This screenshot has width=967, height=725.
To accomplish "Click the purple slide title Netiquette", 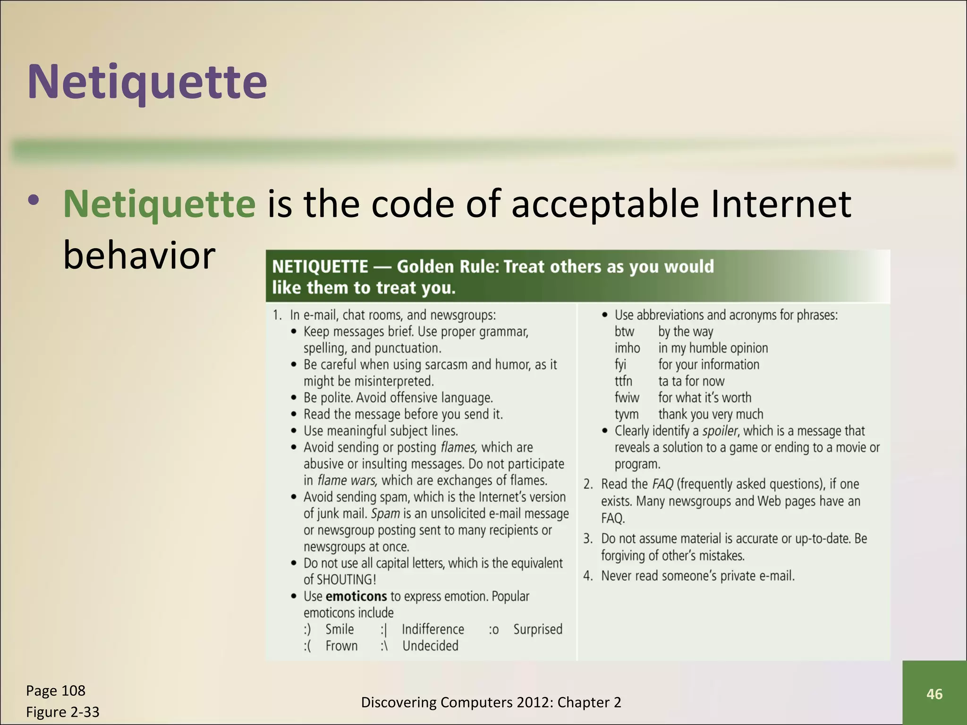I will coord(147,82).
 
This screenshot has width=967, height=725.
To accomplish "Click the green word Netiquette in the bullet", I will coord(160,204).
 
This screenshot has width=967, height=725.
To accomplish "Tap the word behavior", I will coord(139,255).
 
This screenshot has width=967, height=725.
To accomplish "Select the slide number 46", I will coord(934,694).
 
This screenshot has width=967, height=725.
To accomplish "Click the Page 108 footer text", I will coord(56,691).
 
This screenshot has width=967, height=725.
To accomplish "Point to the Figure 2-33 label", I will coord(63,712).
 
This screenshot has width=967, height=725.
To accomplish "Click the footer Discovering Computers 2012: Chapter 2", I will coord(491,702).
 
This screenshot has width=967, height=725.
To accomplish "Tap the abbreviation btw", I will coord(624,332).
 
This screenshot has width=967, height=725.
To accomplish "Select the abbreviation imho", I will coord(627,348).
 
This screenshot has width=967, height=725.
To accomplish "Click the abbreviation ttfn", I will coord(623,381).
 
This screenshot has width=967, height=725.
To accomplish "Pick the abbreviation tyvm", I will coord(627,414).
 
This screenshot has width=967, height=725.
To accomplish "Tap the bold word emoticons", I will coord(356,596).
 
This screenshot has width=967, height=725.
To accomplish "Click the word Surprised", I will coord(538,629).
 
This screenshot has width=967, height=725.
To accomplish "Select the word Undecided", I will coord(430,646).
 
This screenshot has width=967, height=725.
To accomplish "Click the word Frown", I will coord(341,646).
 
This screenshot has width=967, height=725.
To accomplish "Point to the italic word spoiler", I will coord(720,431).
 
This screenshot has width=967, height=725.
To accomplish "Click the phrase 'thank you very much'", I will coord(711,414).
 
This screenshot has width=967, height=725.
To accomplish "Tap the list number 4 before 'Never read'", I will coord(587,576).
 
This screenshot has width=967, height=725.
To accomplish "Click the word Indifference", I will coord(433,629).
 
